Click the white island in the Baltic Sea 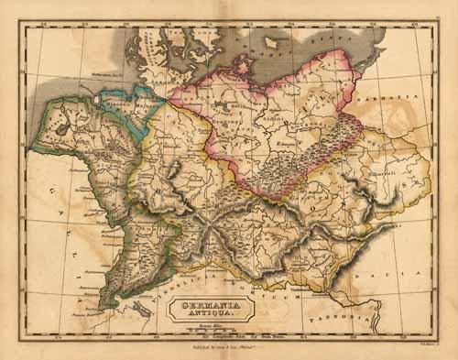(x=272, y=42)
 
